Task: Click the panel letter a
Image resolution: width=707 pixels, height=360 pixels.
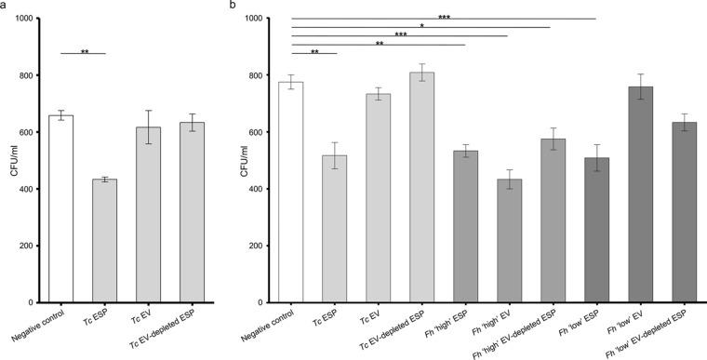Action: pos(6,6)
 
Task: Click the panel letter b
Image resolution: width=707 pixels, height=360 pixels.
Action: pos(233,6)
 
